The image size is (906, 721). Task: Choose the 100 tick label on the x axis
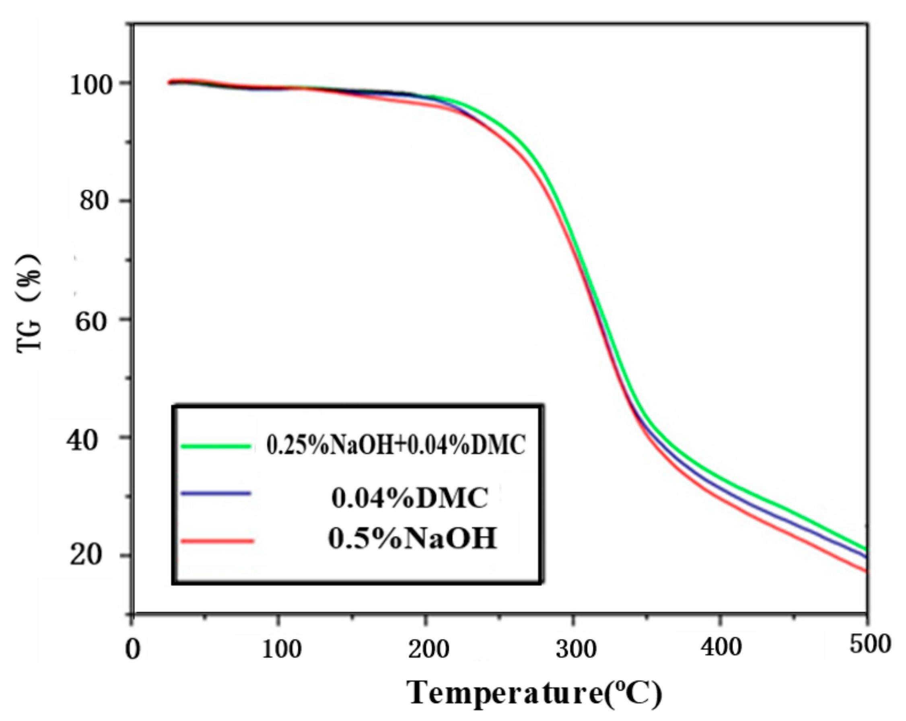[x=281, y=649]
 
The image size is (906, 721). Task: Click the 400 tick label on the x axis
[x=721, y=647]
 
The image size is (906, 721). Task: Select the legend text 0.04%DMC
[x=410, y=499]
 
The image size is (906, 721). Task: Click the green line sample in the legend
[x=216, y=446]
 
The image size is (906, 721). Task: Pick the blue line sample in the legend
[x=216, y=493]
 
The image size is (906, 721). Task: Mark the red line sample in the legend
[x=217, y=541]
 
